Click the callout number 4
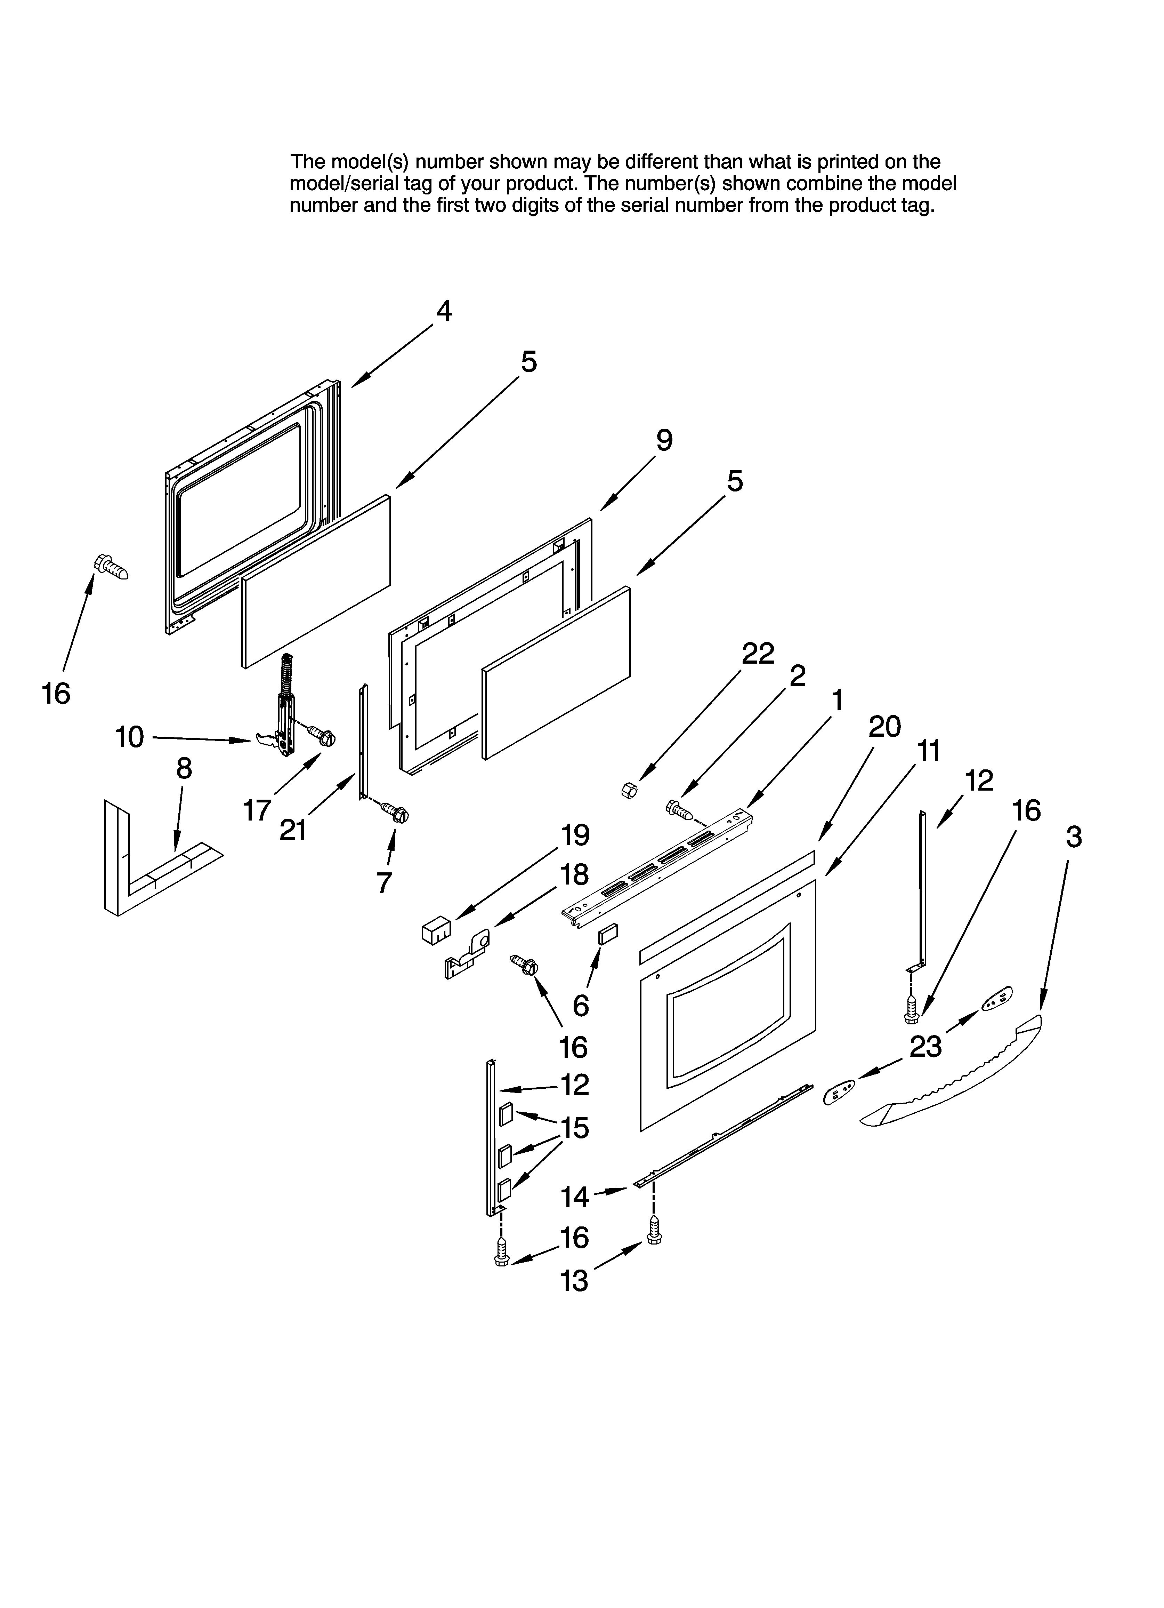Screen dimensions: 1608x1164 pos(444,311)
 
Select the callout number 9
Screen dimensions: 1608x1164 pos(663,441)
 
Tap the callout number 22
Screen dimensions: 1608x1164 pos(758,654)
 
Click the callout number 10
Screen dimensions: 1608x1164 pos(130,737)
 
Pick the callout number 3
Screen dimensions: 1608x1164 pos(1073,837)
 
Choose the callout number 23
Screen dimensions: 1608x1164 pos(925,1047)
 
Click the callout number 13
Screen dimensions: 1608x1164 pos(574,1281)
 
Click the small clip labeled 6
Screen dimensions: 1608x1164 pos(608,935)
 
